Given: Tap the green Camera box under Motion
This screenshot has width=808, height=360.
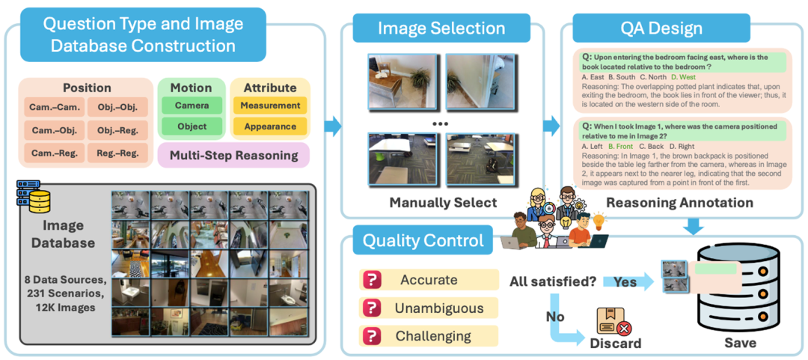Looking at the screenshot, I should [x=192, y=106].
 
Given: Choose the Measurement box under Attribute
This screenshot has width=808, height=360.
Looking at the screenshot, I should [x=270, y=106].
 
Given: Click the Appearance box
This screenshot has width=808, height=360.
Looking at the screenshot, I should [x=270, y=126].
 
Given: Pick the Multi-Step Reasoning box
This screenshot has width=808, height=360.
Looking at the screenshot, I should [x=234, y=156].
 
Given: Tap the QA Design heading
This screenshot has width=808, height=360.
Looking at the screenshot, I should [x=661, y=28].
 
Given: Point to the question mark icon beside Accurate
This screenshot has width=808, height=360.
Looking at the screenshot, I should [x=372, y=281].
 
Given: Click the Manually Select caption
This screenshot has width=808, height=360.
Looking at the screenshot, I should [x=443, y=203].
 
